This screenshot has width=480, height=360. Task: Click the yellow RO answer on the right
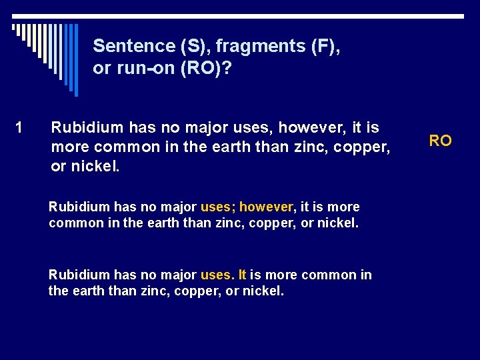coord(440,141)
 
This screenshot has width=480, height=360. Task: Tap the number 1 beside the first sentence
coord(19,127)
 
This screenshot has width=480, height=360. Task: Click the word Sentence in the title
coord(133,46)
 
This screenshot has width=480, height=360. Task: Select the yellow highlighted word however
coord(266,207)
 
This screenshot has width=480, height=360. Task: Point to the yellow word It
coord(241,275)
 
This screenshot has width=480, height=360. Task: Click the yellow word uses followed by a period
coord(217,275)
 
